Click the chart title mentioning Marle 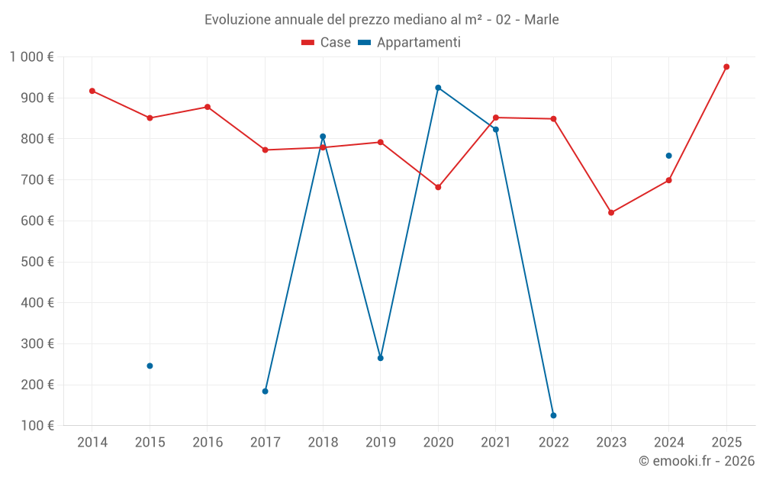coord(381,20)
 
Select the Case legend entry coord(326,43)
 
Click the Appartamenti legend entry coord(410,43)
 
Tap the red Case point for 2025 coord(726,67)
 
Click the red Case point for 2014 coord(92,91)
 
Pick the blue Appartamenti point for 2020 coord(438,88)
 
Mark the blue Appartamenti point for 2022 coord(553,415)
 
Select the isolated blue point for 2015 coord(150,366)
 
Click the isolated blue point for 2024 coord(668,156)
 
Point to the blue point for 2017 coord(265,391)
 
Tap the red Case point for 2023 coord(611,213)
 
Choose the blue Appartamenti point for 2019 coord(381,358)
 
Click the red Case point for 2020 coord(438,187)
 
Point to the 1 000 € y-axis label coord(32,56)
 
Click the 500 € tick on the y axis coord(37,262)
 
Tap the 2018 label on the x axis coord(323,443)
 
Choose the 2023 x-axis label coord(611,443)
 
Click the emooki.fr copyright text coord(696,461)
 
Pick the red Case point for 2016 coord(208,107)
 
